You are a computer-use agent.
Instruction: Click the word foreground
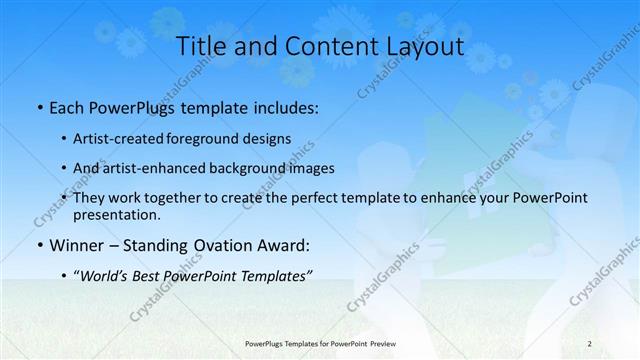[x=213, y=138]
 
